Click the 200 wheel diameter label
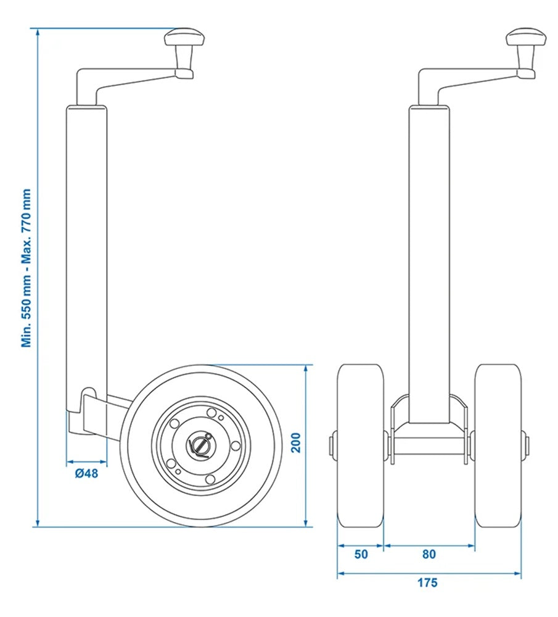coord(297,444)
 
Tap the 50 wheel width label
coord(361,554)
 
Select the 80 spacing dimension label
coord(429,554)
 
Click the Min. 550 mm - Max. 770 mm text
coord(27,268)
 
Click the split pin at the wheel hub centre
coord(201,444)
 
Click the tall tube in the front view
coord(429,259)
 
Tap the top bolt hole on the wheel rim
coord(211,413)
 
